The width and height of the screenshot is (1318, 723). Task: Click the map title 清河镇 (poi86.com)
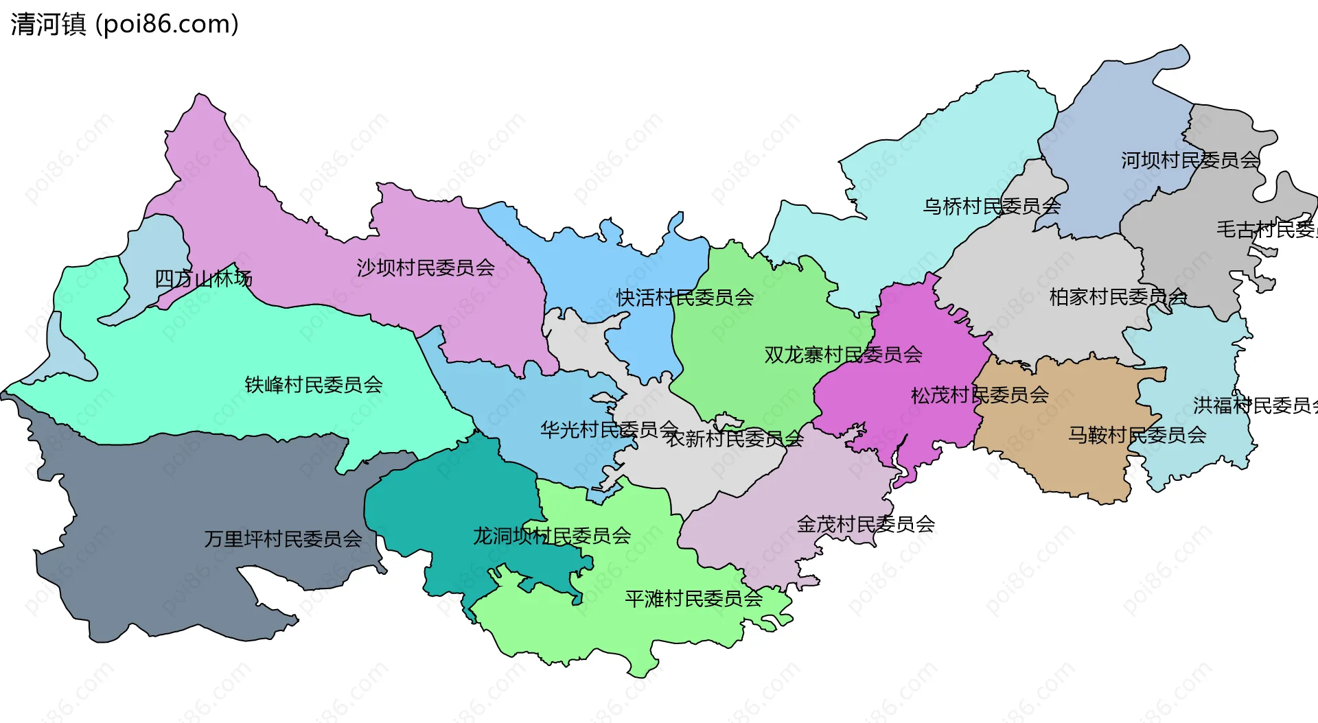point(124,24)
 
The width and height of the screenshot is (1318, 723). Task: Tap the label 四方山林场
point(203,278)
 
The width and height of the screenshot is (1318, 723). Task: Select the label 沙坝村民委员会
point(426,268)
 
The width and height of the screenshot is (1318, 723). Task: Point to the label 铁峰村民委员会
point(314,385)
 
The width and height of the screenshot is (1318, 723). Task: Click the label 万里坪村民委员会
point(283,539)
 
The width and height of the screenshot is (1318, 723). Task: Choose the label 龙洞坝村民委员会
point(552,536)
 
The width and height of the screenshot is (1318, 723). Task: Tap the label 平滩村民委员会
point(693,599)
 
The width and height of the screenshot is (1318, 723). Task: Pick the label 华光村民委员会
point(609,429)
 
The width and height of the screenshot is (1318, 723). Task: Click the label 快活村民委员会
point(685,298)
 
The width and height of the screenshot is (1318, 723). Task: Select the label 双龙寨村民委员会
point(843,355)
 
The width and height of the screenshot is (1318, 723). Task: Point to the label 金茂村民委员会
point(866,524)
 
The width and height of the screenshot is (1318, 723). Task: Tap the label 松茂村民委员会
point(980,395)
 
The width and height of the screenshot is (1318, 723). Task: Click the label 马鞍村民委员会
point(1137,435)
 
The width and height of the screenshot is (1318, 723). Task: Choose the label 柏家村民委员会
point(1118,297)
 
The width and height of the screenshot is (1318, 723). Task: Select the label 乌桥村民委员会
point(992,206)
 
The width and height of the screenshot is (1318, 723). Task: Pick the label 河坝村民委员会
point(1190,160)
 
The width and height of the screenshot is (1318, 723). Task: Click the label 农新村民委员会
point(734,438)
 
